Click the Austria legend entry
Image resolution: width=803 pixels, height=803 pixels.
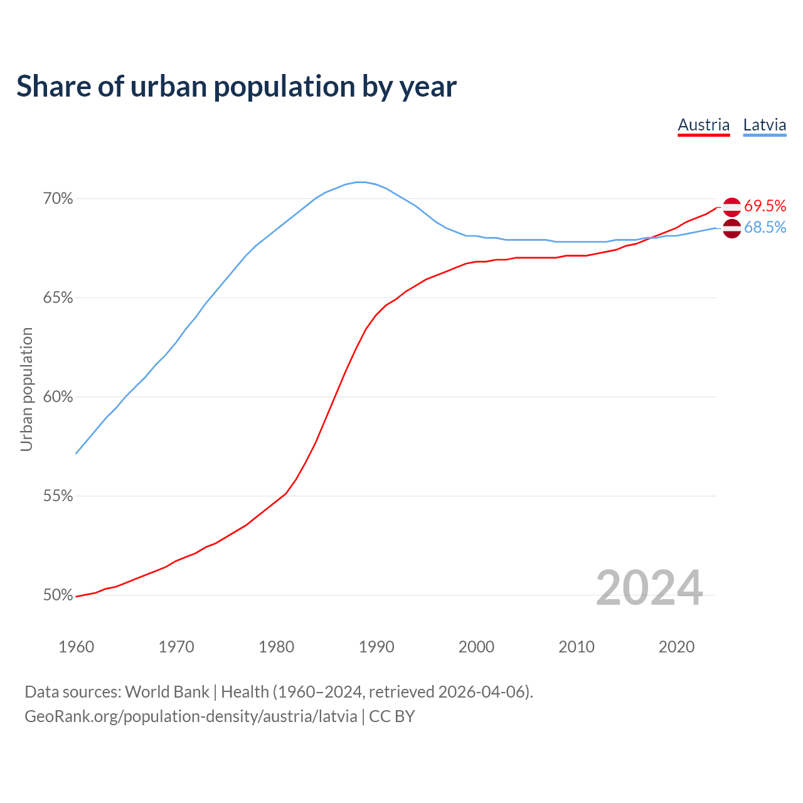[703, 125]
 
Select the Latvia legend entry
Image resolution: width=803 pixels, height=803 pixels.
[764, 125]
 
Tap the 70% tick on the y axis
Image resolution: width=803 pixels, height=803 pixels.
[58, 199]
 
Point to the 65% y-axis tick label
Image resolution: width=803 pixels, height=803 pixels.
[58, 298]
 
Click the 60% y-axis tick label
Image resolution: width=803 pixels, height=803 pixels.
[58, 397]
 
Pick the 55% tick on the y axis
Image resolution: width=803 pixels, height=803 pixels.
[58, 496]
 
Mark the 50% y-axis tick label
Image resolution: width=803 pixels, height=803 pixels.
[58, 595]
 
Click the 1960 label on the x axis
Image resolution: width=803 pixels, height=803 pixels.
[76, 647]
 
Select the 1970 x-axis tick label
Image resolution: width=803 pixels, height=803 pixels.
[176, 647]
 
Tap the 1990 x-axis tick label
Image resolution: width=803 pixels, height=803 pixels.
[376, 647]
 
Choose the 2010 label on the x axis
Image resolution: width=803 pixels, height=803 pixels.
[577, 647]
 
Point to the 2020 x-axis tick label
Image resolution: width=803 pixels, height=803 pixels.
[676, 647]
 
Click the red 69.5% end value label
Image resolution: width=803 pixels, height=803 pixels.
[765, 206]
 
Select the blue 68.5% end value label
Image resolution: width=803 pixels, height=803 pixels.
[765, 228]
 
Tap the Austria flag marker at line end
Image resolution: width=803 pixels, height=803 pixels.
[731, 206]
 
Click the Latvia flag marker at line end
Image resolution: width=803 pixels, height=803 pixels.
[731, 229]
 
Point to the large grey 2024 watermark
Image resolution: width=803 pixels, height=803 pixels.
[649, 588]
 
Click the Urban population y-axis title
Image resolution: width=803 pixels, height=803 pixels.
[26, 389]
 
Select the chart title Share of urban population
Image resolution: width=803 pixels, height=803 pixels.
[237, 87]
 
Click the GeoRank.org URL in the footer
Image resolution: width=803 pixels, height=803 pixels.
[191, 716]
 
